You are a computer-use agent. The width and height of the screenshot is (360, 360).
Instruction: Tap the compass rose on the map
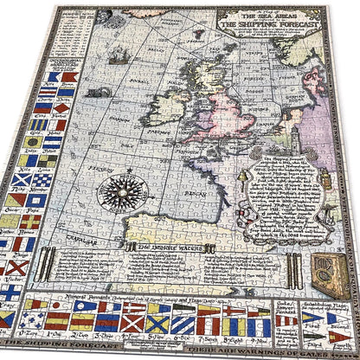tap(120, 192)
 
